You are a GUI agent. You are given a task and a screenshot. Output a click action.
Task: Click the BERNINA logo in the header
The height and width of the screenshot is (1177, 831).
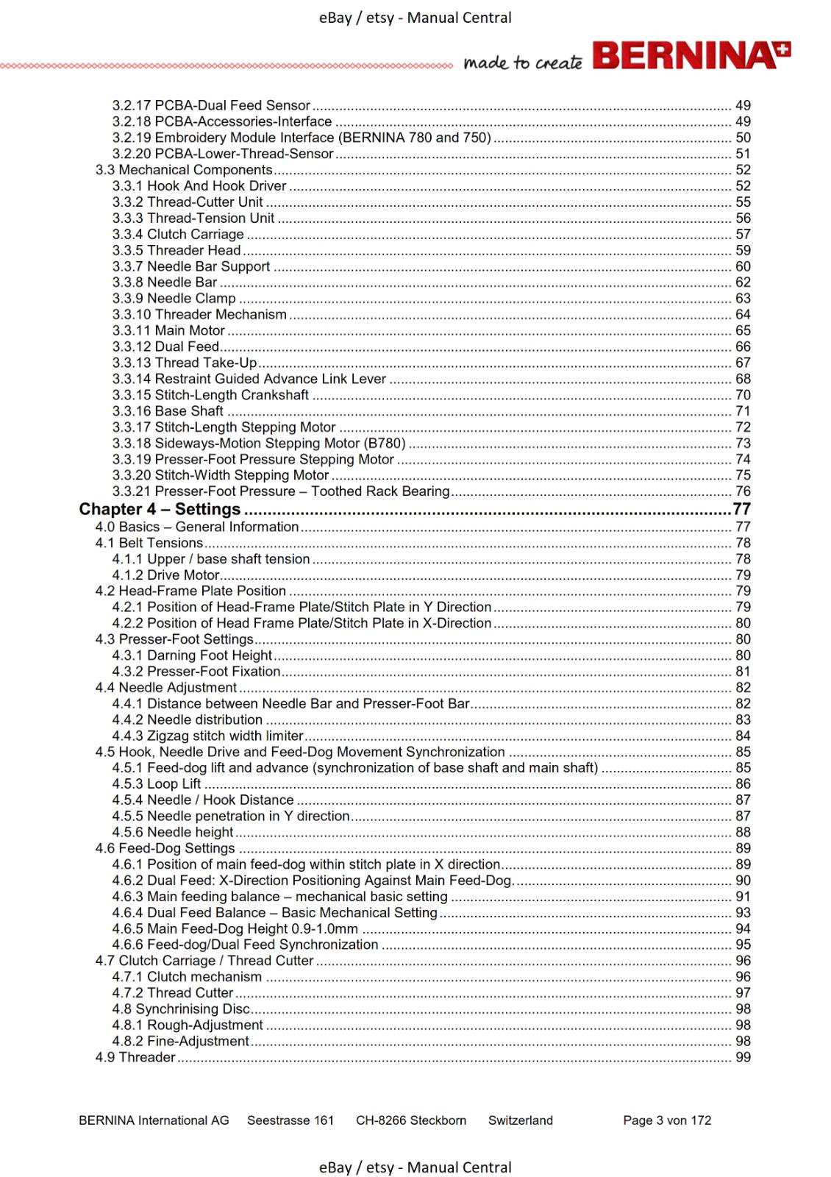coord(691,56)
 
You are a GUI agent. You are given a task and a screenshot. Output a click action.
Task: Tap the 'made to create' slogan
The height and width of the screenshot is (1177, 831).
coord(523,63)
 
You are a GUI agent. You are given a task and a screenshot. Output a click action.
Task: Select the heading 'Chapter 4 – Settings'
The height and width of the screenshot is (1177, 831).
coord(160,509)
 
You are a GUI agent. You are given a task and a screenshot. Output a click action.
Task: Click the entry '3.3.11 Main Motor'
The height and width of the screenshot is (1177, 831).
coord(168,330)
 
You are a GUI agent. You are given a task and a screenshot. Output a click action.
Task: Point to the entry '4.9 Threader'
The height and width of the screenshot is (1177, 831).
coord(135,1057)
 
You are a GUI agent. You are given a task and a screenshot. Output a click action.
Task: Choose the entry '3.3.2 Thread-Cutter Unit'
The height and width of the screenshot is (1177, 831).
coord(188,202)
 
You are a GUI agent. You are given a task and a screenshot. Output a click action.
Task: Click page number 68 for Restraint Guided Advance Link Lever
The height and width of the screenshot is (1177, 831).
coord(743,379)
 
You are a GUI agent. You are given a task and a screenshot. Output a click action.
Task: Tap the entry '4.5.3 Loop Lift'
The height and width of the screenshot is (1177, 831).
coord(157,783)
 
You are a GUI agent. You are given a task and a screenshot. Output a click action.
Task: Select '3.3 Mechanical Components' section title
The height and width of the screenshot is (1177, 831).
coord(184,170)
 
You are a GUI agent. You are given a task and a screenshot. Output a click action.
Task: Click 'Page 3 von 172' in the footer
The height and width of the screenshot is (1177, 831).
coord(667,1120)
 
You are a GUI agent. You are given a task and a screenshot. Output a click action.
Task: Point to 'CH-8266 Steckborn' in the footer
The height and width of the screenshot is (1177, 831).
coord(411,1120)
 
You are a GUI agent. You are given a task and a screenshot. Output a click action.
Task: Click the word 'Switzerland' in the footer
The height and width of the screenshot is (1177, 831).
coord(521,1120)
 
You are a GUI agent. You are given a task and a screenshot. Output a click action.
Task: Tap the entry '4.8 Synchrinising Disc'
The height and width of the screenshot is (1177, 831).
coord(181,1009)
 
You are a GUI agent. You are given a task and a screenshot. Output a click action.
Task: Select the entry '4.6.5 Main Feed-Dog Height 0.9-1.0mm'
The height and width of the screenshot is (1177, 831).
coord(235,928)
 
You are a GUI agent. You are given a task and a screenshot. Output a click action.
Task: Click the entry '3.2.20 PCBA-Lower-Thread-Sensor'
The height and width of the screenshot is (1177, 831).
coord(223,154)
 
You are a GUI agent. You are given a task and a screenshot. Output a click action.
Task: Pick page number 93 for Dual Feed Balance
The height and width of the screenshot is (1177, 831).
coord(743,912)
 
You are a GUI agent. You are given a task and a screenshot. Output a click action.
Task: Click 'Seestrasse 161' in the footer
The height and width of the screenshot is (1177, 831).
coord(290,1120)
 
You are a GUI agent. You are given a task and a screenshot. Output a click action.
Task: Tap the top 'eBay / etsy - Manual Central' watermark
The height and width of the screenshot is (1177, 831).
coord(415,18)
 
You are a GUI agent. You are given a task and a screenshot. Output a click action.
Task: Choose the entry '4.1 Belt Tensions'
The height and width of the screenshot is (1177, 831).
coord(149,543)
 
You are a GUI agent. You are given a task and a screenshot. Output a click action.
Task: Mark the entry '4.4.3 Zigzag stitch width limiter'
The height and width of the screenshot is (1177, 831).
coord(208,736)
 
